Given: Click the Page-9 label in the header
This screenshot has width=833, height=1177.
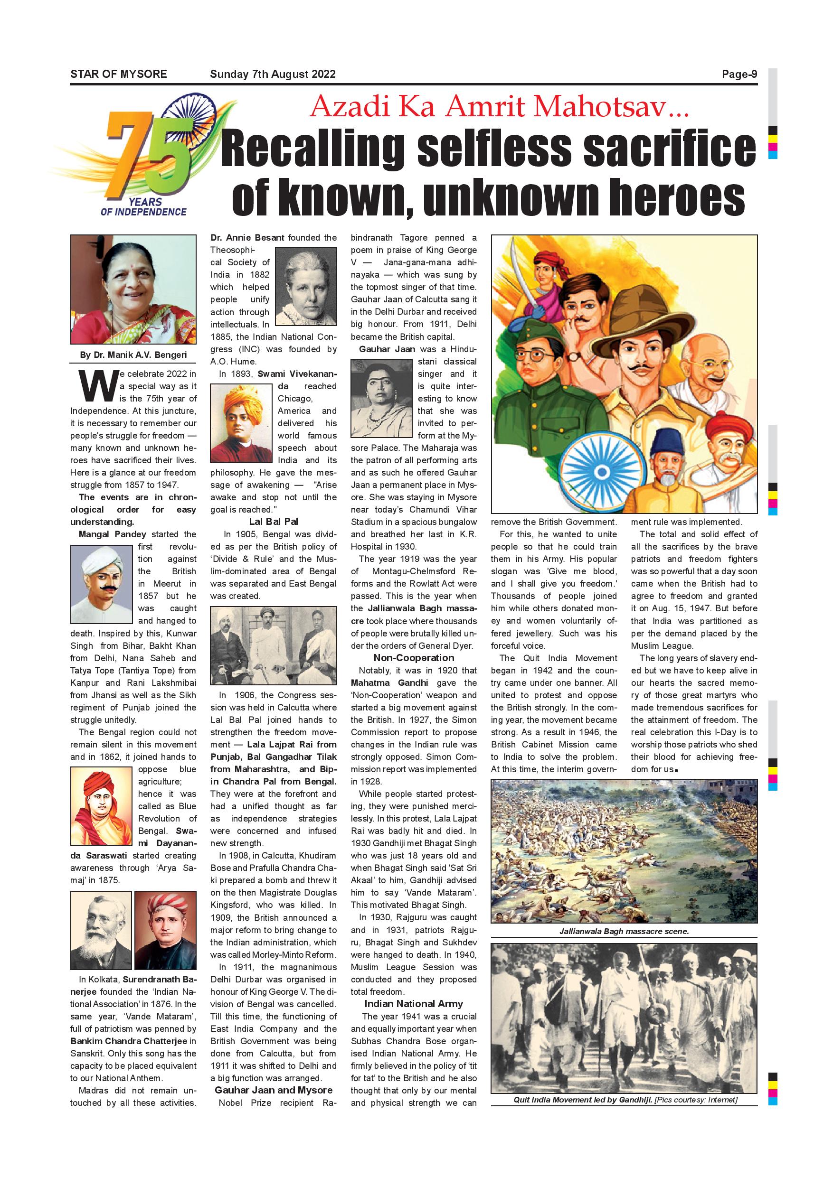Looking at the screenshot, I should point(739,75).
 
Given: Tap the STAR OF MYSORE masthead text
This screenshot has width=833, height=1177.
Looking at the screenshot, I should point(118,75).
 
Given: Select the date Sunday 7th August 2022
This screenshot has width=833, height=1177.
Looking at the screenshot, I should point(273,75).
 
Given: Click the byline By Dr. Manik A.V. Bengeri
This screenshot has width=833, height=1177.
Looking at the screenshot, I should point(133,355).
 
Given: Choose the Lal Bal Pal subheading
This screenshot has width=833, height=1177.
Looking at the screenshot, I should point(274,522).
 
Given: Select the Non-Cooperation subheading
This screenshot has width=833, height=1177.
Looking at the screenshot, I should point(414,658).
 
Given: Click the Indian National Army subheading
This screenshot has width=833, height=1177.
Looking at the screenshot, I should point(414,1004).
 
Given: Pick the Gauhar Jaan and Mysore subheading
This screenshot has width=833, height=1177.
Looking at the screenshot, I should point(274,1090).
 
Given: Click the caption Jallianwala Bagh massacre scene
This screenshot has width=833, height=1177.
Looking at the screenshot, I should point(624,931).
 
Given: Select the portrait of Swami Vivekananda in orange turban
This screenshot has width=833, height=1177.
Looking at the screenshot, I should point(241,423).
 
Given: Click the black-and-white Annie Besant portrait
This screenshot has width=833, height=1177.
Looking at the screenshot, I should point(306,286).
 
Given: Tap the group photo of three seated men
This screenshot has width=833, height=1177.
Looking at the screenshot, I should point(274,645).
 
